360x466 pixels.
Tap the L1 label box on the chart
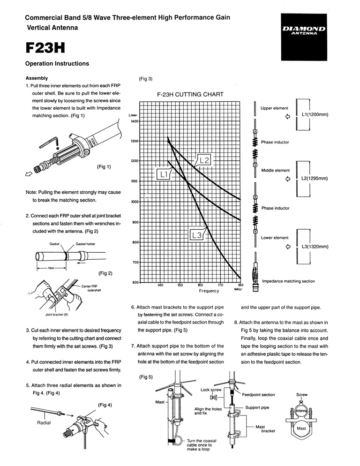164,174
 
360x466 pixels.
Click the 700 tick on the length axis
135,263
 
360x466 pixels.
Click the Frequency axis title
209,291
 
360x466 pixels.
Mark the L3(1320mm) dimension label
315,247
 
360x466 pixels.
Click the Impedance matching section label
288,281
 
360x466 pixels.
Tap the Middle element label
275,171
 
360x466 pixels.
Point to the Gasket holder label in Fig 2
87,244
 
